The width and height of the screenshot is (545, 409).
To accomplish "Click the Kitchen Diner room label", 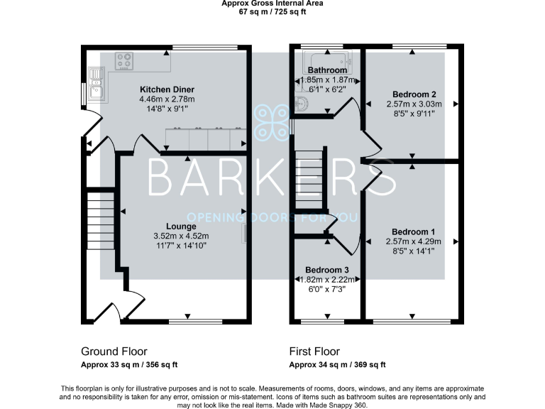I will pyautogui.click(x=167, y=89).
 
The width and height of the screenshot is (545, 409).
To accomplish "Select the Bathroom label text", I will pyautogui.click(x=327, y=70).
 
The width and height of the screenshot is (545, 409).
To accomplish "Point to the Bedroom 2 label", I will pyautogui.click(x=413, y=94).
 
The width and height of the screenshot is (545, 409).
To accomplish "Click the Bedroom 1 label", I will pyautogui.click(x=413, y=232).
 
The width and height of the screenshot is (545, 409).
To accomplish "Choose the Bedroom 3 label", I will pyautogui.click(x=326, y=271).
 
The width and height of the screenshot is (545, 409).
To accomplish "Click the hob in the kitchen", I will pyautogui.click(x=126, y=61).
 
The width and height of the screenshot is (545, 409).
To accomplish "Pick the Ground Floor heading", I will pyautogui.click(x=114, y=351).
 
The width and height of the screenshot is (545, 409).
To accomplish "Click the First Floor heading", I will pyautogui.click(x=314, y=351).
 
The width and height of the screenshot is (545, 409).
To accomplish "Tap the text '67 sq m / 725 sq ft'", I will pyautogui.click(x=272, y=12).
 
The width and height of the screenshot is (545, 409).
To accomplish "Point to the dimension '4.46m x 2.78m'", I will pyautogui.click(x=167, y=99).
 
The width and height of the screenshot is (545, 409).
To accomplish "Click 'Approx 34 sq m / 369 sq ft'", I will pyautogui.click(x=337, y=364).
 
